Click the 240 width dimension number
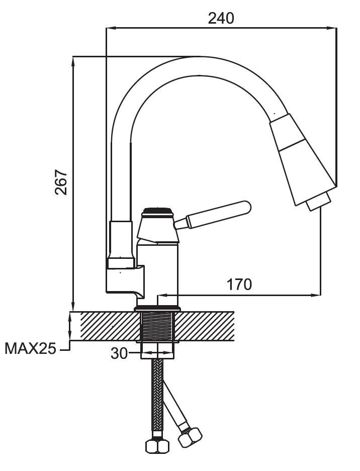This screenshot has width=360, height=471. [221, 18]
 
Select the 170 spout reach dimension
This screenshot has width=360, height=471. [239, 285]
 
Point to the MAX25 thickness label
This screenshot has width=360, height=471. [30, 348]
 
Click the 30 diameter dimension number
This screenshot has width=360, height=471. [119, 354]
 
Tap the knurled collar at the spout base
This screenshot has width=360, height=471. [120, 262]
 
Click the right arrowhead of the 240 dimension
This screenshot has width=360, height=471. [333, 29]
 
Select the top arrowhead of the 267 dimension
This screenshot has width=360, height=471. [73, 60]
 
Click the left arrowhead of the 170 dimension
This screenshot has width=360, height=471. [161, 295]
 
